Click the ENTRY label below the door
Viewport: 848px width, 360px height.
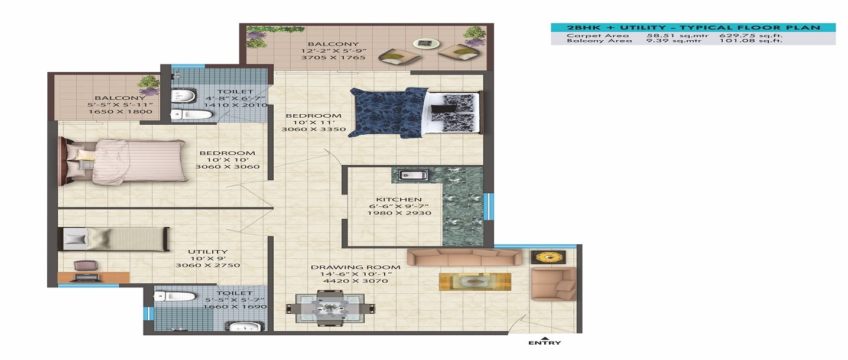click(x=544, y=343)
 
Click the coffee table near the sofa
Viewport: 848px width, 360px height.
click(x=475, y=281)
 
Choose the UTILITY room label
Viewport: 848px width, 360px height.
click(x=207, y=252)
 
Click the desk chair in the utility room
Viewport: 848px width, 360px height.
click(x=87, y=268)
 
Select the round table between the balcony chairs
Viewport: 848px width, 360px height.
click(x=422, y=43)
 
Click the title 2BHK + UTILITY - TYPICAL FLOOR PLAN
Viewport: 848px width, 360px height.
click(x=693, y=28)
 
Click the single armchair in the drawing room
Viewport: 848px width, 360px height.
click(x=553, y=283)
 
